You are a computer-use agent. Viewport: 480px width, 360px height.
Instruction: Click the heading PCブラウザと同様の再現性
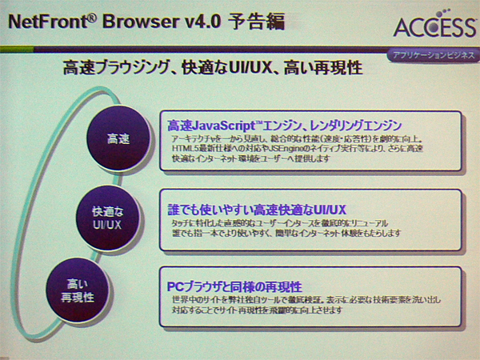(x=234, y=286)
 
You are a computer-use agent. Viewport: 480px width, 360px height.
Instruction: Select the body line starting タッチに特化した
(x=280, y=222)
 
